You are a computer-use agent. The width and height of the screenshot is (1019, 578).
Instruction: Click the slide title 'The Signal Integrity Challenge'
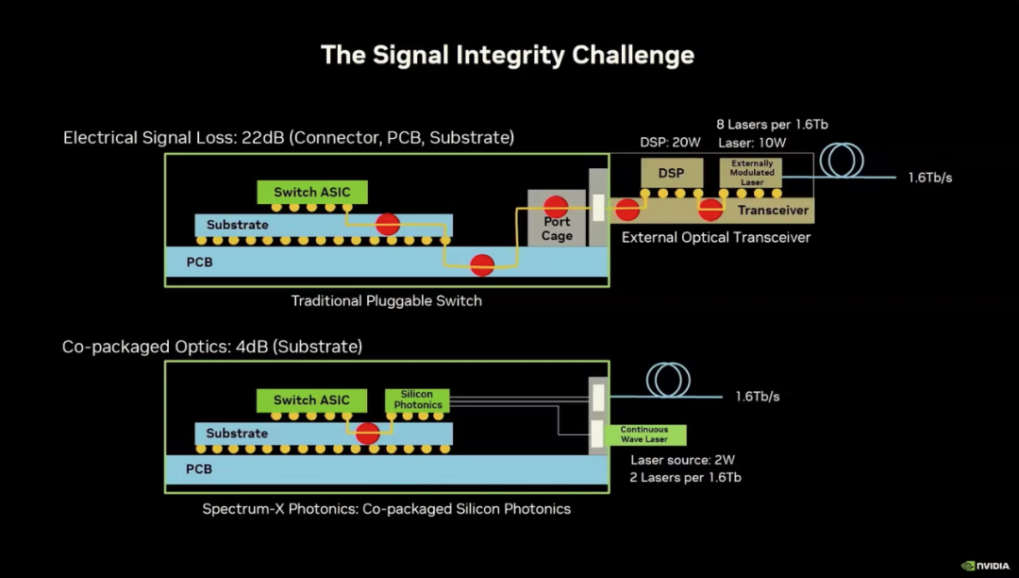(508, 55)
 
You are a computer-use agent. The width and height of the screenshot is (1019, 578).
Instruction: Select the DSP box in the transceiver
(672, 173)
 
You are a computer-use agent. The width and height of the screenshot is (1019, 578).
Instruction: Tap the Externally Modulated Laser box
(751, 173)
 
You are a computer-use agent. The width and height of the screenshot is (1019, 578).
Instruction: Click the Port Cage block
(557, 218)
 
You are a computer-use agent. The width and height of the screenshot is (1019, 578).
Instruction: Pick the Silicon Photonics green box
(417, 399)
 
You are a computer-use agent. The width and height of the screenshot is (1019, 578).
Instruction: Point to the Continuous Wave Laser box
(644, 434)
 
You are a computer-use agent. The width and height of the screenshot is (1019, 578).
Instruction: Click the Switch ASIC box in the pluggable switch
(312, 192)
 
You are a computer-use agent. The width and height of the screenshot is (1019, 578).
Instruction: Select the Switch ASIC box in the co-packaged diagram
(311, 399)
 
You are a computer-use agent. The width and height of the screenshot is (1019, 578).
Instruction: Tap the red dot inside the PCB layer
(482, 264)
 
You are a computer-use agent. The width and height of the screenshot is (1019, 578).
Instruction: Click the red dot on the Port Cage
(556, 207)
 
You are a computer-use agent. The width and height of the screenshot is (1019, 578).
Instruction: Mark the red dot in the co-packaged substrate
(368, 433)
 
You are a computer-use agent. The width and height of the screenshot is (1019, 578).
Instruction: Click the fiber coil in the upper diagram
(842, 160)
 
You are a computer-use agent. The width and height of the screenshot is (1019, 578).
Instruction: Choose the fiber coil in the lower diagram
(668, 380)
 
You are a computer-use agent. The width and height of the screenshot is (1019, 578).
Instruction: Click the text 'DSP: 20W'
(670, 143)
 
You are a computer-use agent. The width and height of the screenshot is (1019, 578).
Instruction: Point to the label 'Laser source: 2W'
(682, 460)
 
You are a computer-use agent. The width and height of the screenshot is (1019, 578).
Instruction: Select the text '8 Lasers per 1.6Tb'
(772, 124)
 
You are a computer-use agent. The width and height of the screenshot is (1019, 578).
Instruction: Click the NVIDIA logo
(985, 566)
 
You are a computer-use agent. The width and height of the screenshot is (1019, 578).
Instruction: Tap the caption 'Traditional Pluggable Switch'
(387, 301)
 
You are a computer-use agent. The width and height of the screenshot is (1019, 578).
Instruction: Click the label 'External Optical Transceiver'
(716, 237)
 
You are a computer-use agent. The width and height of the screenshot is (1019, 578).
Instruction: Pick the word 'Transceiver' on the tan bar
(773, 210)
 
